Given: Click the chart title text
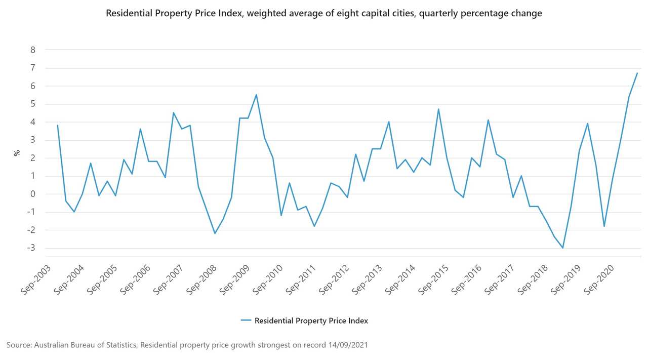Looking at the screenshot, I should tap(324, 14).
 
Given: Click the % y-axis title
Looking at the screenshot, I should tap(16, 152).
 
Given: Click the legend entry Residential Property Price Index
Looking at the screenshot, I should tap(311, 321).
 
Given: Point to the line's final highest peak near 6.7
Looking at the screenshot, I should tap(637, 73).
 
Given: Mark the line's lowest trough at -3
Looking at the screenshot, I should tap(562, 248).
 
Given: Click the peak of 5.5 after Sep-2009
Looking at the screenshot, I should tap(256, 95).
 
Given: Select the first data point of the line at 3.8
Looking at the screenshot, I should tap(58, 125).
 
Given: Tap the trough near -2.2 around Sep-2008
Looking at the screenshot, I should tap(215, 233).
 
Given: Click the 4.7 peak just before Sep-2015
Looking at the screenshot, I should tap(438, 109).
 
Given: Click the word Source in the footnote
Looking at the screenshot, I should tap(18, 345).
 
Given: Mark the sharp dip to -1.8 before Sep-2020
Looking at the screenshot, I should tap(604, 226).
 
